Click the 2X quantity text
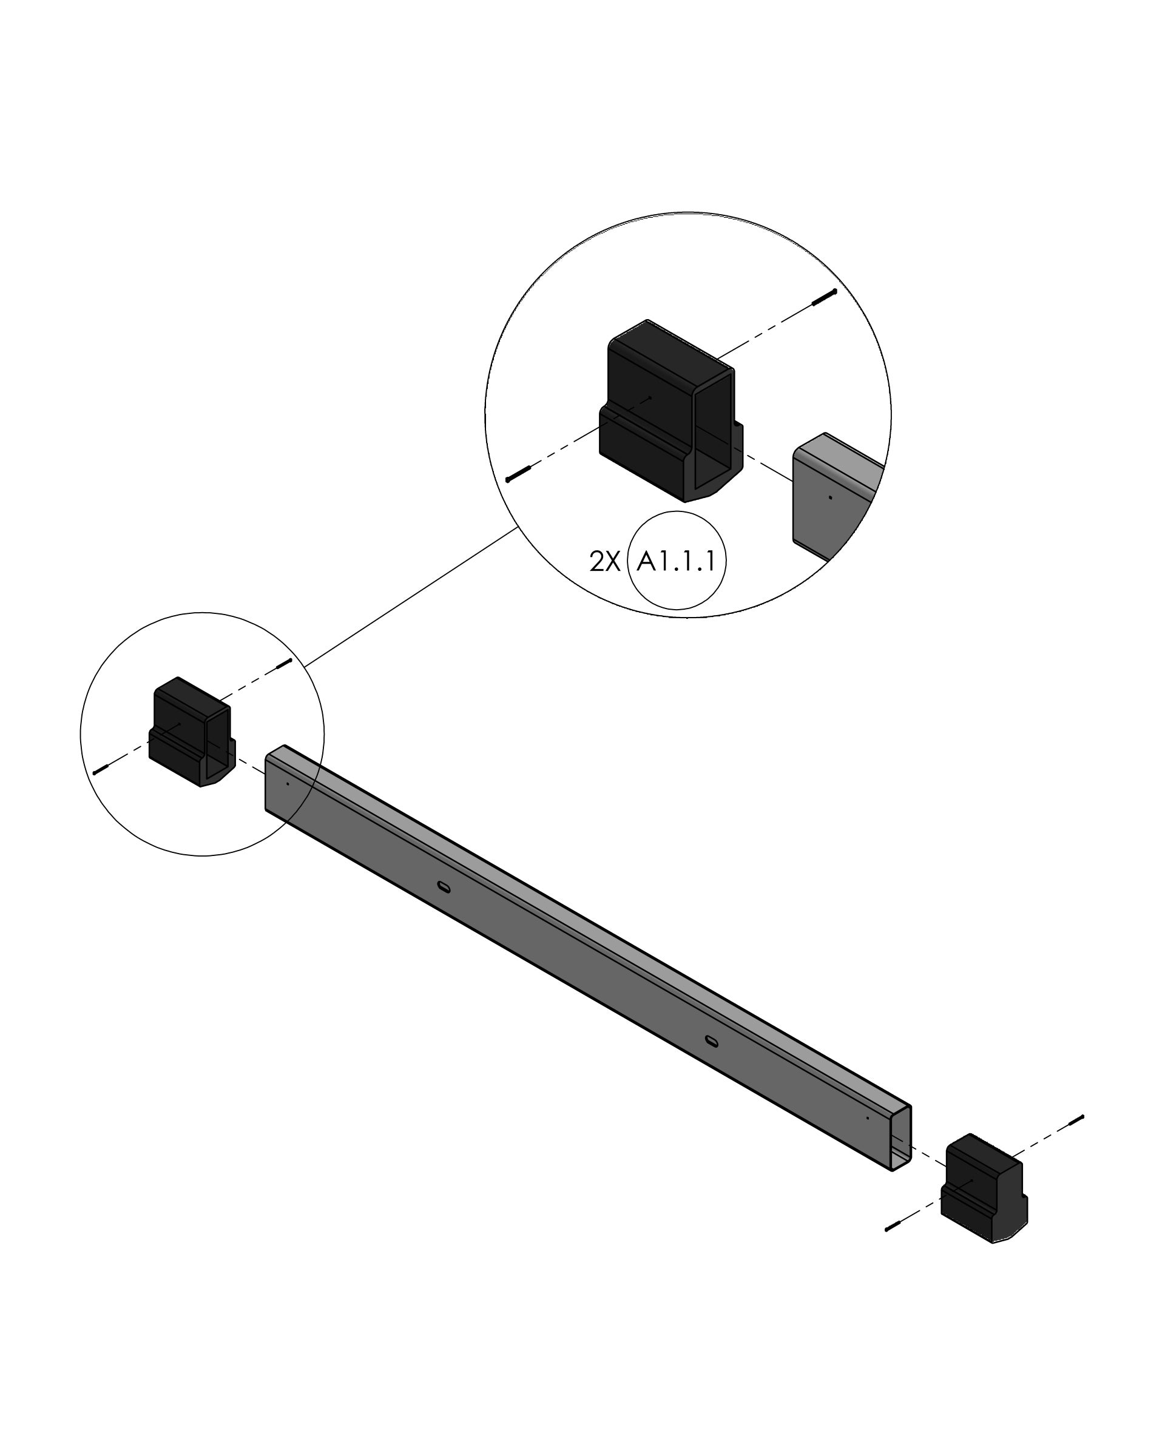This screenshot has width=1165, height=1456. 604,561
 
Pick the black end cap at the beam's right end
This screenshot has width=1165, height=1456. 984,1188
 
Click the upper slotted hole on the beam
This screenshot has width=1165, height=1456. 444,887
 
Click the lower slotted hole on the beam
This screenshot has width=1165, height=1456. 711,1042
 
